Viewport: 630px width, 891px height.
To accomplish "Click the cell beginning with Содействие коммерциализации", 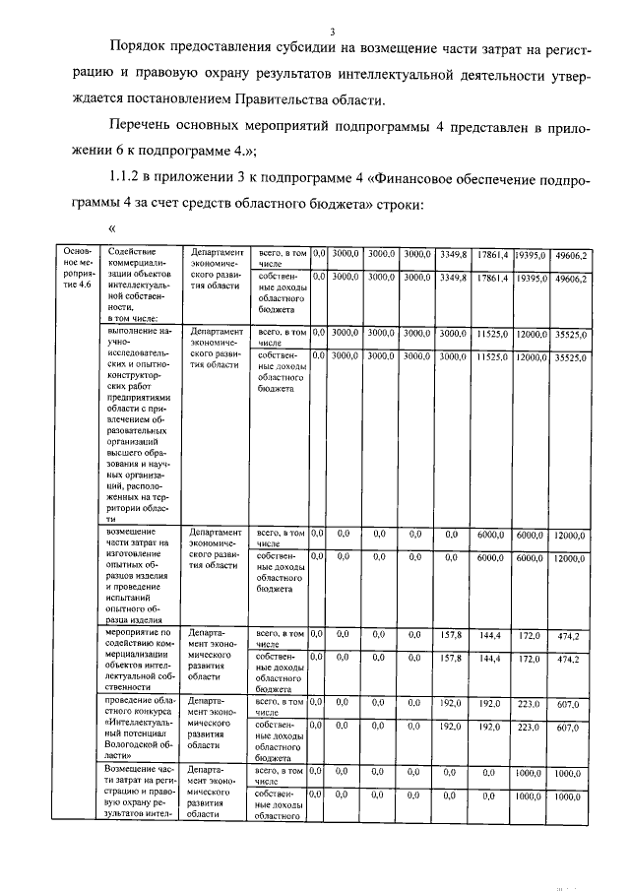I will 139,286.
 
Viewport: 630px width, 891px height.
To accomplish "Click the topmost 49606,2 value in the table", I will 570,255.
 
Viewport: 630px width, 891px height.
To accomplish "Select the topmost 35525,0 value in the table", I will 570,335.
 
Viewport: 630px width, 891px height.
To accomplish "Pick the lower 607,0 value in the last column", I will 570,728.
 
